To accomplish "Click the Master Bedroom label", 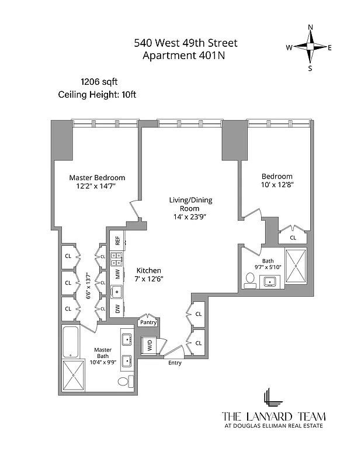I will click(97, 178).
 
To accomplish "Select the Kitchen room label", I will click(148, 271).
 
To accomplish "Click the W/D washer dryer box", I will click(149, 346).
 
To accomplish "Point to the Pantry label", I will click(147, 322).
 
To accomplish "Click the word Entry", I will click(175, 363).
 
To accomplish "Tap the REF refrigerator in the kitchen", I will click(117, 240).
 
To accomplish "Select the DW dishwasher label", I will click(117, 309).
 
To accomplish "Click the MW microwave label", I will click(117, 273).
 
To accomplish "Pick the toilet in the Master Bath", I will click(123, 382).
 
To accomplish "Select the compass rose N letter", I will click(310, 27).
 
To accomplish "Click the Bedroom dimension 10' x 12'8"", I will click(277, 185).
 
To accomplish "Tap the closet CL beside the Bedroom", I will click(293, 238).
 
